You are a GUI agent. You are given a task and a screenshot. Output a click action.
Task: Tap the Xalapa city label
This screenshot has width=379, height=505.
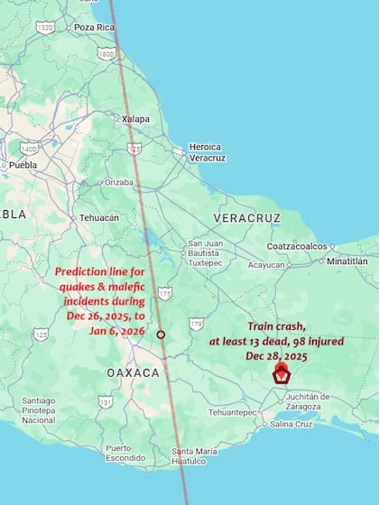[135, 119]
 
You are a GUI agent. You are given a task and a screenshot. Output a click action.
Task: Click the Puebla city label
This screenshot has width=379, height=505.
[23, 165]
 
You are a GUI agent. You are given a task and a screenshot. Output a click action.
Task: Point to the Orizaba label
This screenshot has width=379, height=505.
[118, 181]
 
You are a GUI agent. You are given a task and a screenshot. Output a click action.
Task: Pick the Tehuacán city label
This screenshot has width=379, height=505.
[98, 217]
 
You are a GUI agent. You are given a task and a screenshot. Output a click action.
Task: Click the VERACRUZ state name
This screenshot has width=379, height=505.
[246, 218]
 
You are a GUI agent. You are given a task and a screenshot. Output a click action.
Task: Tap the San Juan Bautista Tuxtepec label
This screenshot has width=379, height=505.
[205, 253]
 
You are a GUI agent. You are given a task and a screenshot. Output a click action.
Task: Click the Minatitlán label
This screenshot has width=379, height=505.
[347, 261]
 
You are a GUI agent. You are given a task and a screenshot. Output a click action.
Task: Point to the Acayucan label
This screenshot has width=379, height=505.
[266, 265]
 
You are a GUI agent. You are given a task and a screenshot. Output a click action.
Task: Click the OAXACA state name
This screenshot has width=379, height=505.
[133, 372]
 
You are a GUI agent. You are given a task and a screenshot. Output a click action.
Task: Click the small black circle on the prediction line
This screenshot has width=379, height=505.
[161, 335]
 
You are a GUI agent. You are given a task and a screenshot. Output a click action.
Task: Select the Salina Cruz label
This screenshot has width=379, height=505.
[291, 424]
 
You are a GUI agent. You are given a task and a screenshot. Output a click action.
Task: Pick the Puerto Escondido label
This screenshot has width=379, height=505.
[125, 453]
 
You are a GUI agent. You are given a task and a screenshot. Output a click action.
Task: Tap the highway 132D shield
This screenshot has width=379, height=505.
[45, 27]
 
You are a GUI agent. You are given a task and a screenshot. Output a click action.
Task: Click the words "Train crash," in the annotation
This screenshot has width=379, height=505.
[278, 328]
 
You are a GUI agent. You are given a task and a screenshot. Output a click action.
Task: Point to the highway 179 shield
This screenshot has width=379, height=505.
[196, 323]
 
